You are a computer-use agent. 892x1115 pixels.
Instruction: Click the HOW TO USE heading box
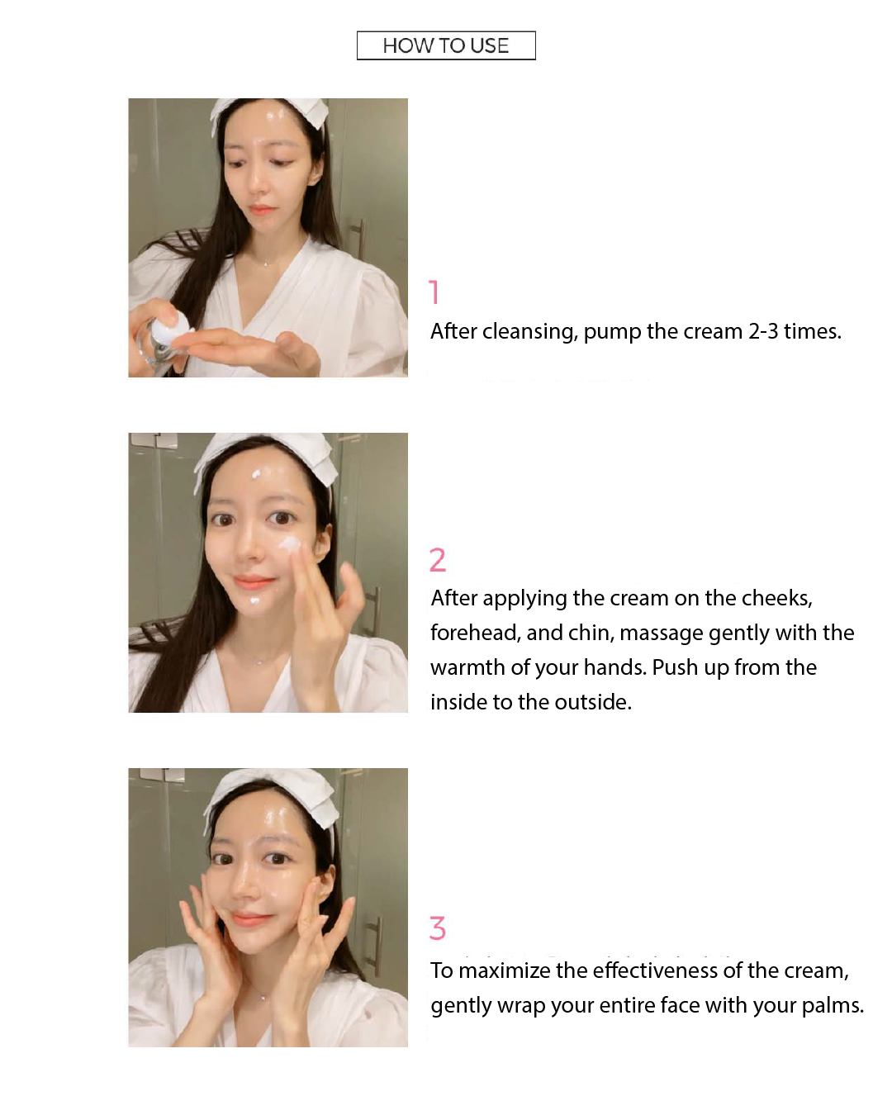pyautogui.click(x=446, y=45)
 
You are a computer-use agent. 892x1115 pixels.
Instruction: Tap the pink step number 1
pyautogui.click(x=434, y=292)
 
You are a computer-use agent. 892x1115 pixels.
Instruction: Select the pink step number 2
pyautogui.click(x=438, y=560)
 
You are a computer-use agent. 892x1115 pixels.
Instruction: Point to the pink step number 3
pyautogui.click(x=438, y=928)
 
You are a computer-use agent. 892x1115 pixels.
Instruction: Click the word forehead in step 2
pyautogui.click(x=474, y=633)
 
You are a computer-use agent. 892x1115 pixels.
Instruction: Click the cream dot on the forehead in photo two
pyautogui.click(x=257, y=475)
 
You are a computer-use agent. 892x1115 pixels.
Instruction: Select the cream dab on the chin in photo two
pyautogui.click(x=254, y=600)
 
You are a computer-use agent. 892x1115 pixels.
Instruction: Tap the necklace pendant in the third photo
pyautogui.click(x=263, y=997)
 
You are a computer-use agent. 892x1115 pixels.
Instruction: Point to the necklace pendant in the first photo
pyautogui.click(x=265, y=263)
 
